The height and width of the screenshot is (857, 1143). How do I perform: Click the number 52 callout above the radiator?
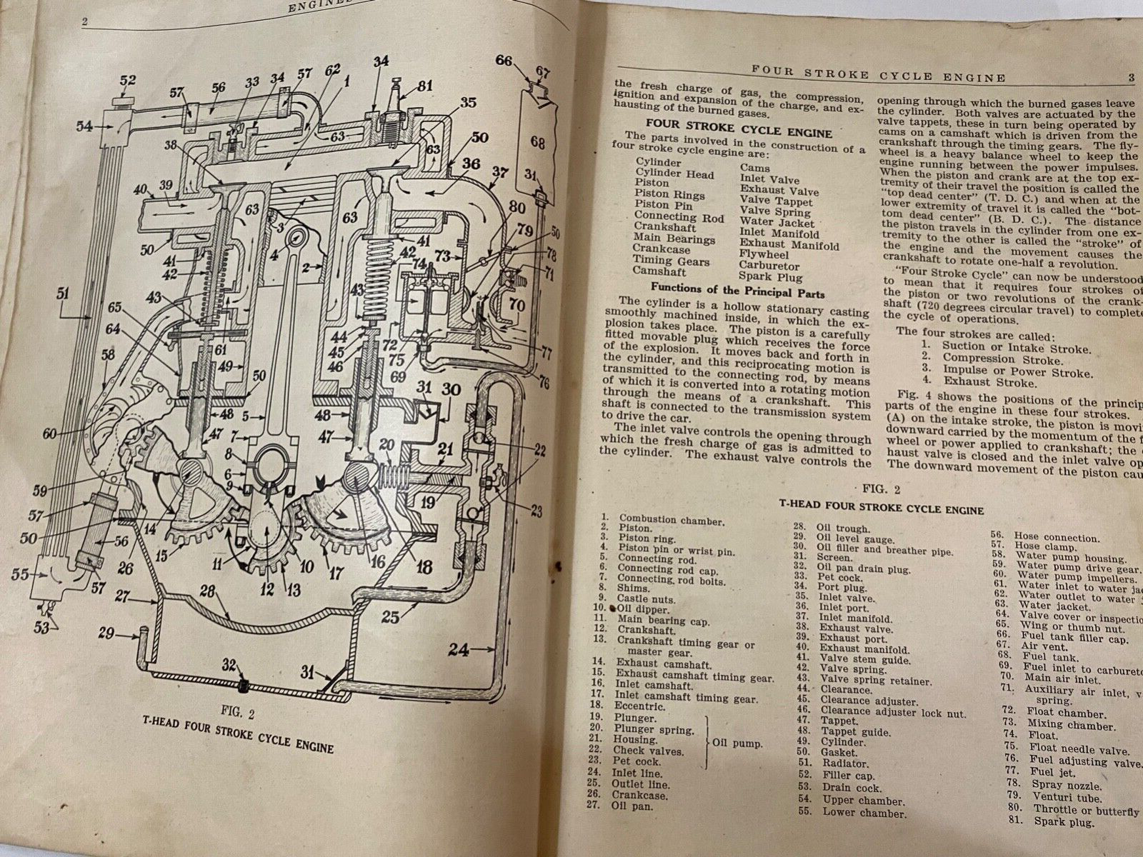(128, 81)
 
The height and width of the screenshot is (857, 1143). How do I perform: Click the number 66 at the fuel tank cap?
(504, 61)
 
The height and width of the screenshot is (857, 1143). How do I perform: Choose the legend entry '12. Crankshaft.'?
(640, 628)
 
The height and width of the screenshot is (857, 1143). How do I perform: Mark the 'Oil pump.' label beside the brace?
(737, 743)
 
